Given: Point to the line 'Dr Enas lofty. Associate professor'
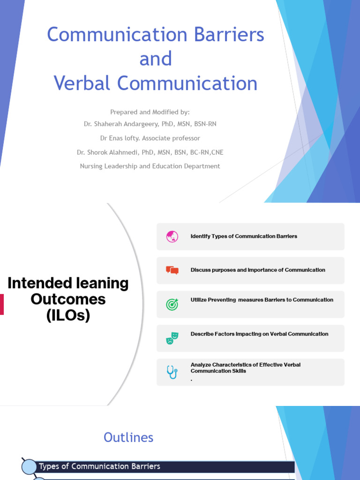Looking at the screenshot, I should tap(150, 138).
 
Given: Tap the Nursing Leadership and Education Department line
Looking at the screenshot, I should tap(150, 166).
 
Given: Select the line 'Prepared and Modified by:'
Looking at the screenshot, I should tap(150, 112).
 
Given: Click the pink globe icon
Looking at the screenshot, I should tap(172, 237).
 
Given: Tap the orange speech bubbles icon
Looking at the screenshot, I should tap(172, 270).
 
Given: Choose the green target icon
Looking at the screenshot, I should tap(172, 304).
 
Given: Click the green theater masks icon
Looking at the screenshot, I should tap(172, 338).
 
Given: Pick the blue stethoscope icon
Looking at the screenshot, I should tap(172, 372).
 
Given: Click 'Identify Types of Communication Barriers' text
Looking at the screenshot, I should tap(244, 236).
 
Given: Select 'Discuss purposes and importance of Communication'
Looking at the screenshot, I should tap(258, 270).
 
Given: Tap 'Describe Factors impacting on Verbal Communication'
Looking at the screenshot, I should tap(259, 334).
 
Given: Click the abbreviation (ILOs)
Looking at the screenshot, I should tap(68, 316).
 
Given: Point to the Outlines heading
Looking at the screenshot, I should tap(128, 437).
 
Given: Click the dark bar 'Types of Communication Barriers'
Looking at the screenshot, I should tap(164, 466).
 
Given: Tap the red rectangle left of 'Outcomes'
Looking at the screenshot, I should tap(2, 304).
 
